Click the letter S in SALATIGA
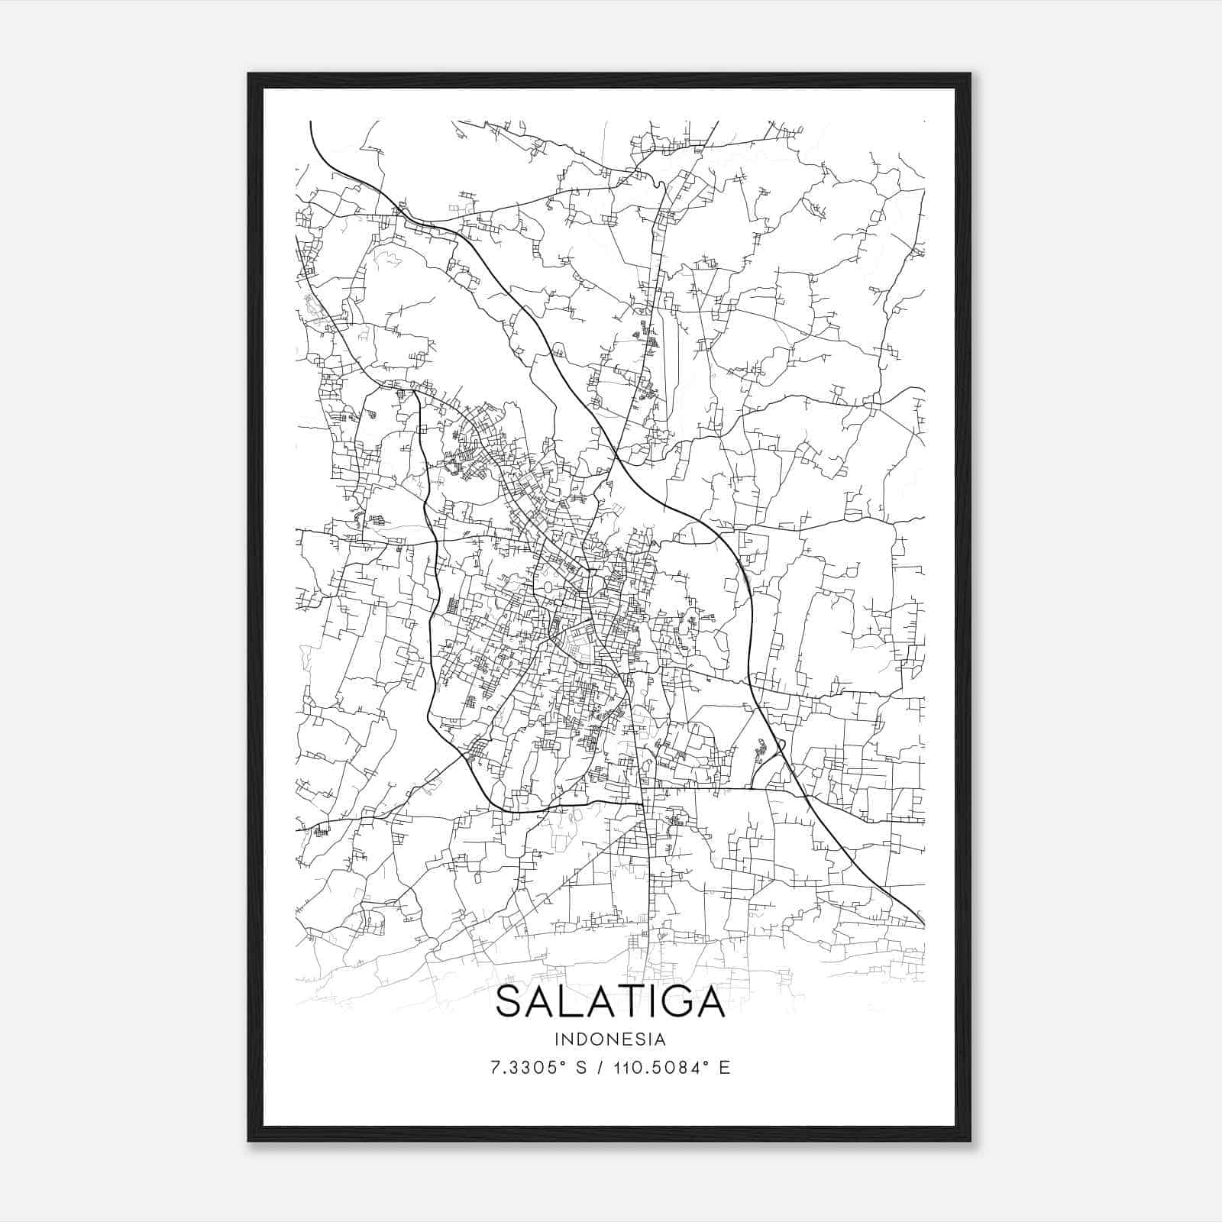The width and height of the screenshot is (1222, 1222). (511, 1003)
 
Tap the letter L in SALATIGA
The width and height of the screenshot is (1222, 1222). (574, 1003)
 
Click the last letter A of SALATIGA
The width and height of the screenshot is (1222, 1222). (710, 1003)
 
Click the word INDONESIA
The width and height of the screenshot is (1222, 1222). (611, 1039)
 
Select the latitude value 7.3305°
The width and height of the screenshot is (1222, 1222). (529, 1068)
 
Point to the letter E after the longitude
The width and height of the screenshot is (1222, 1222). (725, 1068)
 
